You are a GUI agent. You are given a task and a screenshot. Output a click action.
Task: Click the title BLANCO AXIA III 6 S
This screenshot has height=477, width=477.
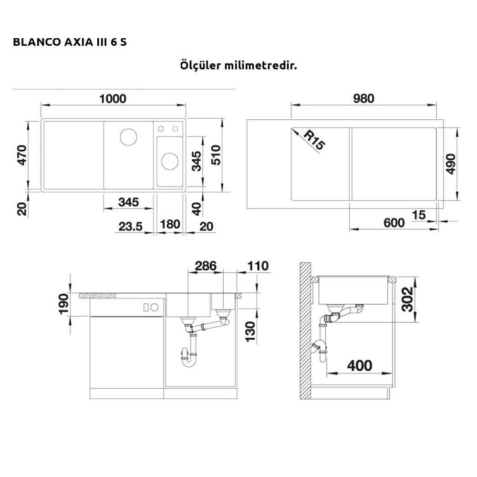[70, 41]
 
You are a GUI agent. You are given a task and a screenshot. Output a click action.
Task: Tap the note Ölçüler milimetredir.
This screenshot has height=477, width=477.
[238, 65]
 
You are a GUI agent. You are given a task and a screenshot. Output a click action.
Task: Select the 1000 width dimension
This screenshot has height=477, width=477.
[113, 99]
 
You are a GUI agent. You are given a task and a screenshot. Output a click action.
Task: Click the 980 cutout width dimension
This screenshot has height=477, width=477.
[363, 98]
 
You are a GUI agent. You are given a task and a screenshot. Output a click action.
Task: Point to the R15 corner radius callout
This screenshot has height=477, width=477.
[314, 140]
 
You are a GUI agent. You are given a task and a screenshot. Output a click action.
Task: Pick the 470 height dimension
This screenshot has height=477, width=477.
[22, 155]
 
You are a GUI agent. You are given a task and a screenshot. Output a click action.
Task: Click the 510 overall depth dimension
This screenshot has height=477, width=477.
[216, 155]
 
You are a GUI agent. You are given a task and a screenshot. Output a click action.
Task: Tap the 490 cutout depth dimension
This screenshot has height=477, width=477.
[451, 164]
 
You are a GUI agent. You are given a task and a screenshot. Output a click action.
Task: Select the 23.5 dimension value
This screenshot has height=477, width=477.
[130, 226]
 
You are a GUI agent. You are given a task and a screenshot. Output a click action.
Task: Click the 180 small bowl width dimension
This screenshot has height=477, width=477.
[170, 224]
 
